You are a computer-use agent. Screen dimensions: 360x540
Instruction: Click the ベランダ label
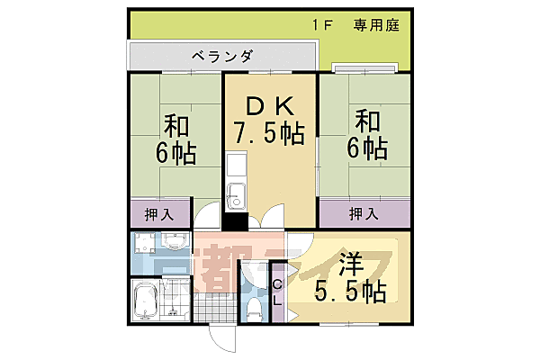(x=220, y=56)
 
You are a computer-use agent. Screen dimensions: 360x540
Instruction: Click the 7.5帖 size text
(x=269, y=136)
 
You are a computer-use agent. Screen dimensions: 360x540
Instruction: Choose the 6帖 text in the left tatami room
(x=175, y=152)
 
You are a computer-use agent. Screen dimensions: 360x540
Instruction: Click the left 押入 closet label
(x=159, y=214)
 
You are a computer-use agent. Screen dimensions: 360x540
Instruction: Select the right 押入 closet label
(x=363, y=214)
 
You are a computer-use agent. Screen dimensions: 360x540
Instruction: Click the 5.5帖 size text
(x=350, y=292)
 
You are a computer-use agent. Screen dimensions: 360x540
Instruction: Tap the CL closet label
(x=277, y=292)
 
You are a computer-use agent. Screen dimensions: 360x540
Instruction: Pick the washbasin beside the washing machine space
(x=173, y=241)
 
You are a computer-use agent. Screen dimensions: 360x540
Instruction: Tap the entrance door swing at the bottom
(x=219, y=340)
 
